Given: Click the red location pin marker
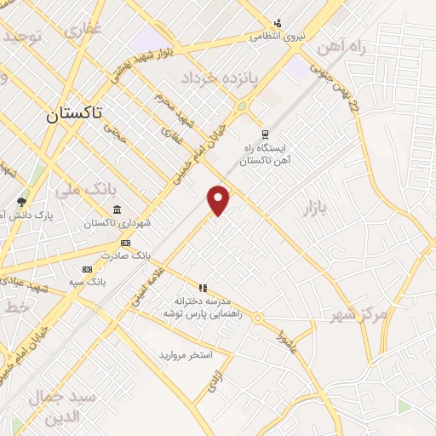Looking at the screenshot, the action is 219,199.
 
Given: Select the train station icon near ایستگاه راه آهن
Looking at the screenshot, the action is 266,134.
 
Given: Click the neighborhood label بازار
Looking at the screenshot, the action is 313,207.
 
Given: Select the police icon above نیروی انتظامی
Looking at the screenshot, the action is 278,23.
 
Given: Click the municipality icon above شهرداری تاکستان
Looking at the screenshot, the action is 117,210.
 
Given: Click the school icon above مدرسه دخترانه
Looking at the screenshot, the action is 203,288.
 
